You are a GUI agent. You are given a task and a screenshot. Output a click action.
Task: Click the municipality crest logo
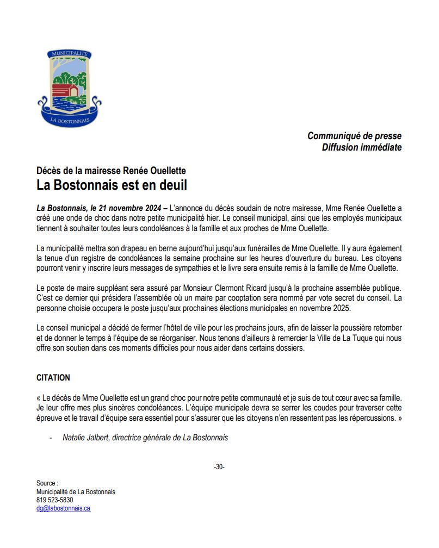(x=70, y=88)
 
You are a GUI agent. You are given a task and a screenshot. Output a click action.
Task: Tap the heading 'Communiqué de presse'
(x=354, y=136)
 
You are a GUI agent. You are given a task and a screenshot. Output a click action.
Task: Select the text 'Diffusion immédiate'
(x=362, y=147)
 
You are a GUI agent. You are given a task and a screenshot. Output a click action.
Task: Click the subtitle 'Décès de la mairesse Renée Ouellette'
(x=111, y=171)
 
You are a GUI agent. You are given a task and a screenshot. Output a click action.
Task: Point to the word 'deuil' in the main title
(x=170, y=185)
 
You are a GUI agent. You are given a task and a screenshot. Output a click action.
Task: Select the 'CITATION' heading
(x=53, y=377)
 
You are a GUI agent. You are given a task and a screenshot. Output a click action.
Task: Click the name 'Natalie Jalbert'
(x=85, y=438)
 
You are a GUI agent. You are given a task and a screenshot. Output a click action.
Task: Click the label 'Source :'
(x=47, y=483)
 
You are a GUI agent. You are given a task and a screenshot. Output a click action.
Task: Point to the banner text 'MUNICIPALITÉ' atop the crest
(x=70, y=54)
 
